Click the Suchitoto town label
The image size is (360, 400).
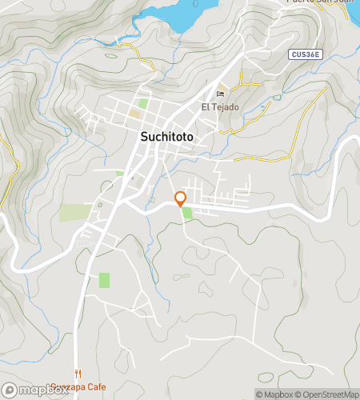[170, 136]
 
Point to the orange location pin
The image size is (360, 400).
[181, 198]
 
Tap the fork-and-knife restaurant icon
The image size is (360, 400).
[78, 374]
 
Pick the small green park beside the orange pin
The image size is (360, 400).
[187, 213]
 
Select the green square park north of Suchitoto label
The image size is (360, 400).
[143, 103]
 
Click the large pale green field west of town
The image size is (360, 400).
[75, 213]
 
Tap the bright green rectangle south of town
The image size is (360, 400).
[104, 280]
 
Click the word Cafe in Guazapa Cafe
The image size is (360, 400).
[95, 387]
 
